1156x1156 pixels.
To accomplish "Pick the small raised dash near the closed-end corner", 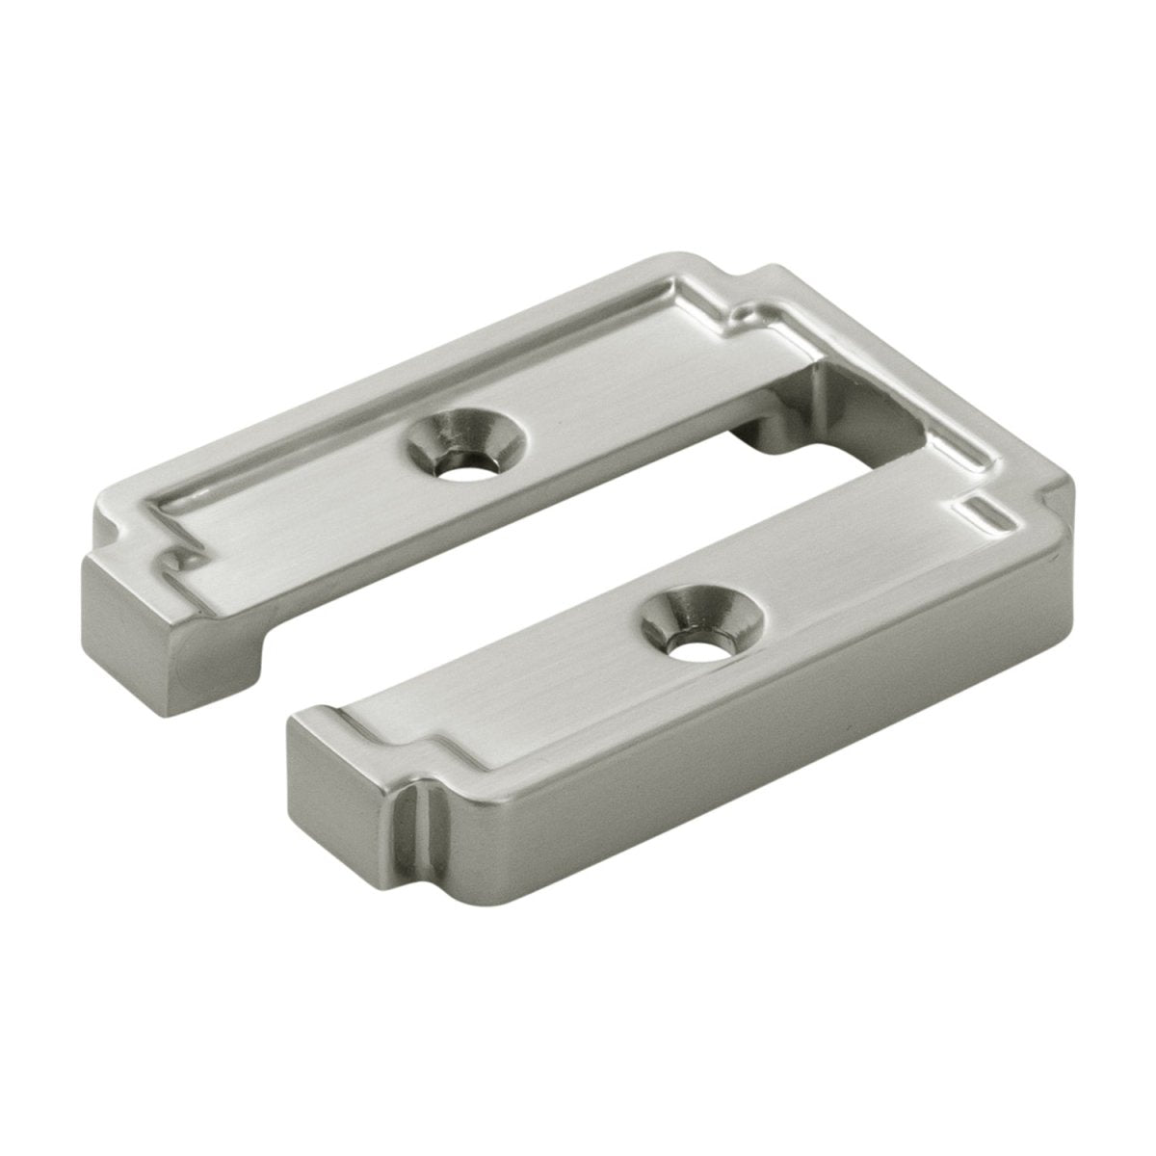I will tap(988, 512).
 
